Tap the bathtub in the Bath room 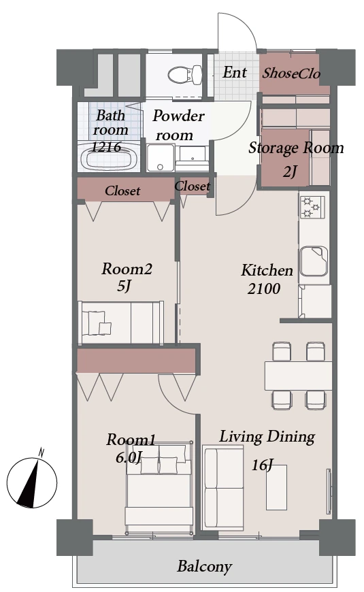coord(109,157)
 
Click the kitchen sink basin coord(314,261)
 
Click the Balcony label coord(204,566)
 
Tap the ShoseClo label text coord(291,73)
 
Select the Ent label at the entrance coord(235,72)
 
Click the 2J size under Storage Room coord(290,171)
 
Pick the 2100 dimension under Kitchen coord(264,289)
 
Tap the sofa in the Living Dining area coord(222,487)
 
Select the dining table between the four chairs coord(298,376)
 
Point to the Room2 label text coord(127,269)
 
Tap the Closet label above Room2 coord(122,191)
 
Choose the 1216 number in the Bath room coord(106,146)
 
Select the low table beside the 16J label coord(276,487)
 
